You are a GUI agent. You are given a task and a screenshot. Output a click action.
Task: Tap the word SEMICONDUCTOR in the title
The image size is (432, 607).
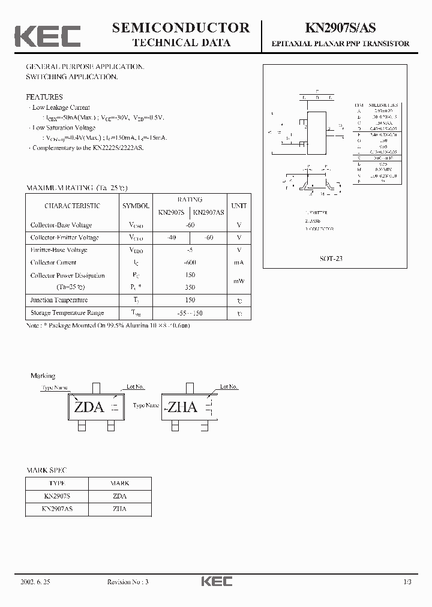pos(181,27)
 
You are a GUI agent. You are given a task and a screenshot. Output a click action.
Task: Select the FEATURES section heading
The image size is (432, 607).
pos(44,97)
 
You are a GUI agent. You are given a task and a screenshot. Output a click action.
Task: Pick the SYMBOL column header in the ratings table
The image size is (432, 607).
pos(136,206)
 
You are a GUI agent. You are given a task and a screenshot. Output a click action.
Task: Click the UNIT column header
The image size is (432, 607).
pos(239,206)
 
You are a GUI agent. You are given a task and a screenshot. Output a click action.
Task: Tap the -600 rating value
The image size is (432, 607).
pos(190,262)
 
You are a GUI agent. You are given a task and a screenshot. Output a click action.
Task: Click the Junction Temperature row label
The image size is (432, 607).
pos(59,300)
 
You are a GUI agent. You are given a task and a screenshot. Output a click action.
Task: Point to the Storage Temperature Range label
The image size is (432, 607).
pos(67,312)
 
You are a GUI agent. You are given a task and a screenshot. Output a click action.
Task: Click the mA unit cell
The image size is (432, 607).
pos(239,262)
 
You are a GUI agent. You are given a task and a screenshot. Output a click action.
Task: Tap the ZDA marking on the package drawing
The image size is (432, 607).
pos(89,407)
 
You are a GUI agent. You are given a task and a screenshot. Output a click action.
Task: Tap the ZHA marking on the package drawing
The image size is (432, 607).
pos(182,407)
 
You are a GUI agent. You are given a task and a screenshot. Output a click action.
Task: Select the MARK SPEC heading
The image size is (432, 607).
pos(46,470)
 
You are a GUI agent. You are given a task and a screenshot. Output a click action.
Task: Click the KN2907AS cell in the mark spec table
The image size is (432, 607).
pos(57,509)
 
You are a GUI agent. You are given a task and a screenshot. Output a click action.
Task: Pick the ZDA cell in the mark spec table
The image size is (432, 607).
pos(119,496)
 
